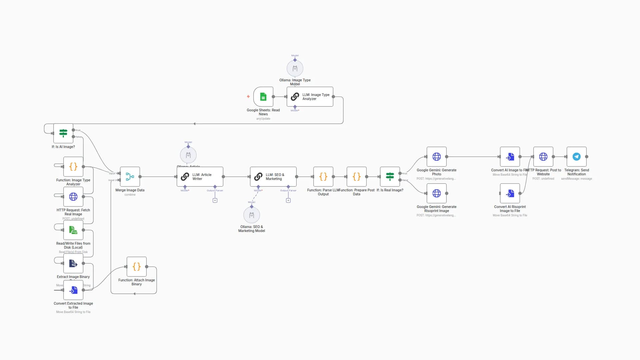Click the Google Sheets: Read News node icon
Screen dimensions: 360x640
263,97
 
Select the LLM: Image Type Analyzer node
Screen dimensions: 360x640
310,97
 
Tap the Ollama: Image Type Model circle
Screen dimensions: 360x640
295,69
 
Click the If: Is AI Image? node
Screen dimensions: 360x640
63,133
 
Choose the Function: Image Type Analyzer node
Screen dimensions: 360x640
73,167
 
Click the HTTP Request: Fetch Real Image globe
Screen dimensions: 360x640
73,197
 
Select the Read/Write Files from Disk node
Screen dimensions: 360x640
73,230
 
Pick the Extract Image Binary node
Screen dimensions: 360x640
73,263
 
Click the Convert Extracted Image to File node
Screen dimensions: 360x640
73,290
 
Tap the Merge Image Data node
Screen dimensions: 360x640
130,177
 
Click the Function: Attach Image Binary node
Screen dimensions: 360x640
137,267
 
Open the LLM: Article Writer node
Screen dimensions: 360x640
200,177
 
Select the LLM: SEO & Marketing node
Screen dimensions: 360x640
273,177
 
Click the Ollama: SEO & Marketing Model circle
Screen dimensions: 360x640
252,215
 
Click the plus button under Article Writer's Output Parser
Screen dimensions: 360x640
215,201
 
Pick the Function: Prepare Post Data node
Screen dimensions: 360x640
357,177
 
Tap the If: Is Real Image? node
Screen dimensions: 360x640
390,177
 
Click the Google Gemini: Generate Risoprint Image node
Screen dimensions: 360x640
437,193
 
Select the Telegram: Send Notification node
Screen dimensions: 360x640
577,157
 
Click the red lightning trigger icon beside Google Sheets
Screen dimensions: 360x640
248,97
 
